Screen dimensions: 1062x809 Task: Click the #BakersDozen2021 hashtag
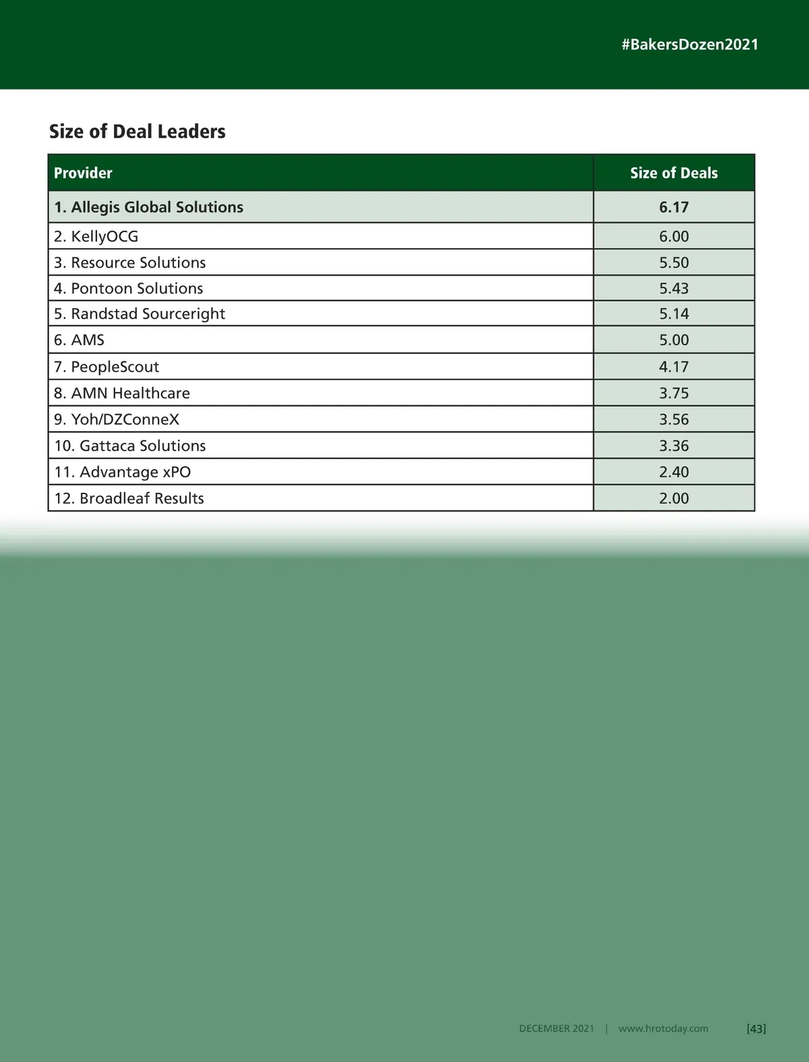click(690, 45)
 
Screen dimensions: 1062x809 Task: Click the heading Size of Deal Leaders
click(137, 131)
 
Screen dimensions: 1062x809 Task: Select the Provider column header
click(83, 173)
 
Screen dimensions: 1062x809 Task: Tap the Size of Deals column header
click(673, 173)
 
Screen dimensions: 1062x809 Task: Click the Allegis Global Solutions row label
click(148, 207)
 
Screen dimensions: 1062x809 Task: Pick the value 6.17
click(673, 207)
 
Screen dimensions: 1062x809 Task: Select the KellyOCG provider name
click(96, 236)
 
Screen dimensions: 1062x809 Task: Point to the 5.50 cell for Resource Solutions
click(673, 262)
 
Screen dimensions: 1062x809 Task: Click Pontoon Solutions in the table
click(128, 288)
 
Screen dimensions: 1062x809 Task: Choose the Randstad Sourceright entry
click(139, 314)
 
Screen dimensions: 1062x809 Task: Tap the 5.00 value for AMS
click(673, 340)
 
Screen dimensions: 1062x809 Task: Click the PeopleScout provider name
click(107, 367)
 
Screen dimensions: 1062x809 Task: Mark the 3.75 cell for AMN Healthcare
click(673, 393)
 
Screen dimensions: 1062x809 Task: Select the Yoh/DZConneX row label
click(117, 419)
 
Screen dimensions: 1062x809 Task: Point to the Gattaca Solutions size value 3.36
click(673, 446)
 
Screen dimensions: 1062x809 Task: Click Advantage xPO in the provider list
click(122, 472)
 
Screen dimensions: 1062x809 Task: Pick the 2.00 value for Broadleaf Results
click(673, 498)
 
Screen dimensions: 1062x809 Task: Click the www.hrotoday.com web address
click(663, 1028)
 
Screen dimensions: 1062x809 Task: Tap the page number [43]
click(756, 1028)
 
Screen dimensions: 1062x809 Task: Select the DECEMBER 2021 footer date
click(556, 1028)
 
